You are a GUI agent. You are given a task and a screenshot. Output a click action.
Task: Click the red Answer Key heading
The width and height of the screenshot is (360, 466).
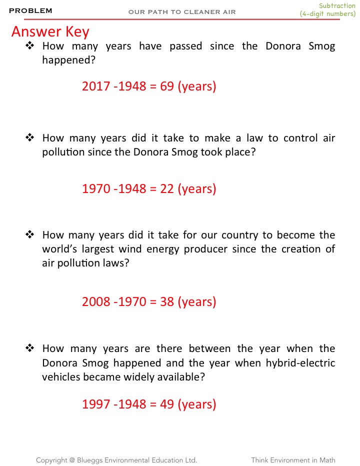[50, 32]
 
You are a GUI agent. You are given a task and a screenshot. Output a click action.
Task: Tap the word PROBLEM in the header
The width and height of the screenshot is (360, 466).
[30, 11]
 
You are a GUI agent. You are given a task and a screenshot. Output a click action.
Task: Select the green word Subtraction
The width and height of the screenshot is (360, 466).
[337, 6]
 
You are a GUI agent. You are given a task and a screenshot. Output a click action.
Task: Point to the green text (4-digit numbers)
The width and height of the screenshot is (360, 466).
[327, 14]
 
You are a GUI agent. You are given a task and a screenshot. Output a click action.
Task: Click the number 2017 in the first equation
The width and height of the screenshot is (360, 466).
[96, 86]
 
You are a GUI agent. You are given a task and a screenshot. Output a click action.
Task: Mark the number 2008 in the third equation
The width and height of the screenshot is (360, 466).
[96, 302]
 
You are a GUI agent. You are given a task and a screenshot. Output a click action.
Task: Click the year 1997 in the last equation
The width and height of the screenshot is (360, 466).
[96, 404]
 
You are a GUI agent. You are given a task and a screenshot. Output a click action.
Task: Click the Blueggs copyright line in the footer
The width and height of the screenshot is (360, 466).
[116, 460]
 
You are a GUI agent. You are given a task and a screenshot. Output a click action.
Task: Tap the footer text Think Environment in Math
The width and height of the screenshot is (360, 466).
[293, 460]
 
